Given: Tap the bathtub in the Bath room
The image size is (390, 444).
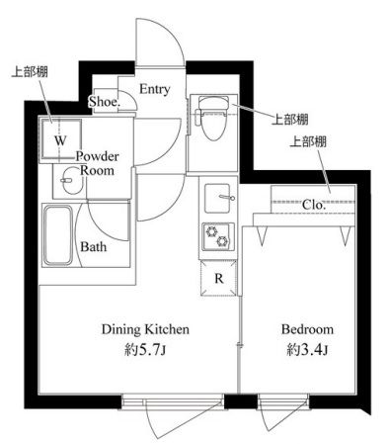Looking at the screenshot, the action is click(x=58, y=235).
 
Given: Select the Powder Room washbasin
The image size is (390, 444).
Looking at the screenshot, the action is click(x=71, y=181).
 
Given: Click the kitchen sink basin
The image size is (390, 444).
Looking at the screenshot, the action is click(x=217, y=198).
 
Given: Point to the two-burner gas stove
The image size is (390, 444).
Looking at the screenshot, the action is click(x=218, y=237).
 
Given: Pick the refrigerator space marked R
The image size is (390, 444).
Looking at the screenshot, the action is click(x=219, y=278).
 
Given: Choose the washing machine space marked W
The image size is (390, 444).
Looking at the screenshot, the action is click(x=60, y=140).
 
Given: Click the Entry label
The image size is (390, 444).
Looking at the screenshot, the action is click(x=155, y=89).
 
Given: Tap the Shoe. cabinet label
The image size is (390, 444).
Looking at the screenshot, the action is click(x=105, y=101).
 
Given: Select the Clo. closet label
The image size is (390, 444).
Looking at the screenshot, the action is click(x=314, y=205).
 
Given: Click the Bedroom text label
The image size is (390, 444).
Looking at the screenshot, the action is click(x=307, y=329).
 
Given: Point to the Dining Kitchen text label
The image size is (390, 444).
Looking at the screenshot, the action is click(x=145, y=329).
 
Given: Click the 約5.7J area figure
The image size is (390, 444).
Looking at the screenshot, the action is click(x=145, y=350).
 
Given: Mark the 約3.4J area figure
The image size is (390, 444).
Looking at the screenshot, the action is click(x=307, y=350).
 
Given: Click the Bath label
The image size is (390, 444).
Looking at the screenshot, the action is click(x=94, y=246).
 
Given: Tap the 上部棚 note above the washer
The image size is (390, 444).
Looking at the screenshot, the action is click(x=30, y=71).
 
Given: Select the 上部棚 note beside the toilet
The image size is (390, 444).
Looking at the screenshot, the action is click(x=289, y=120).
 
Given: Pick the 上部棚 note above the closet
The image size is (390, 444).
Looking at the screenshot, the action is click(x=308, y=141).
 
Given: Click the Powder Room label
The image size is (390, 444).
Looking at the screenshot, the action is click(x=98, y=163).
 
